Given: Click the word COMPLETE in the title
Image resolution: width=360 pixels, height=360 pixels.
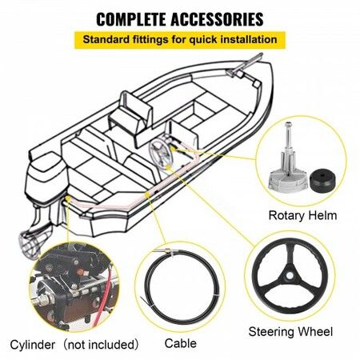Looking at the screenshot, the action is (x=131, y=19).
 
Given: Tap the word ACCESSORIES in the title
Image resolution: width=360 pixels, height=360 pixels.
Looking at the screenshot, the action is (x=218, y=19).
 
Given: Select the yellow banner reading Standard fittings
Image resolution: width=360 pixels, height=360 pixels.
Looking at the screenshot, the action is (x=180, y=40).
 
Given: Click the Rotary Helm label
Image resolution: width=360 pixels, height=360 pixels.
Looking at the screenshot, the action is (x=302, y=215).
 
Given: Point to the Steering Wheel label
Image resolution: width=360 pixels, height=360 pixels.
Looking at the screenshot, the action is (x=290, y=332).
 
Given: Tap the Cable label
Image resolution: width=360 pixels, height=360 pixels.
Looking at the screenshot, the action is (x=181, y=343).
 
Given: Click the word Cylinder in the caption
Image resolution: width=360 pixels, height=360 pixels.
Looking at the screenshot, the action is (x=33, y=345).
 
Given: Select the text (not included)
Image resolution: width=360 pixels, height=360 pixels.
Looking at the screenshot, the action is (x=102, y=345).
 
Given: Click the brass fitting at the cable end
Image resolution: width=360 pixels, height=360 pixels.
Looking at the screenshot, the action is (x=167, y=251).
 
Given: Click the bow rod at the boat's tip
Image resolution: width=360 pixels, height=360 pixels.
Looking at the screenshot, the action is (x=246, y=63).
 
